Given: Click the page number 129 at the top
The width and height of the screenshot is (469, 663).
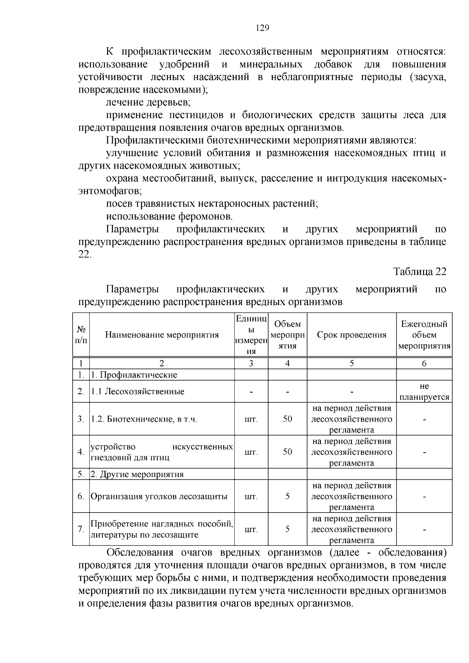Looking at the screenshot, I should (x=262, y=28).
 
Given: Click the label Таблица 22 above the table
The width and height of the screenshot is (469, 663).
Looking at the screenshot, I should (x=419, y=272).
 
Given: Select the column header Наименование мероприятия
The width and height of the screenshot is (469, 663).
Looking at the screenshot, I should (x=162, y=335).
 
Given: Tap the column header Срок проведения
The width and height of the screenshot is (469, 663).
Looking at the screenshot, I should (x=351, y=335).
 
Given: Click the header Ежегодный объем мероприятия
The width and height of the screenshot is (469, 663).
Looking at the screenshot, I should (x=424, y=335).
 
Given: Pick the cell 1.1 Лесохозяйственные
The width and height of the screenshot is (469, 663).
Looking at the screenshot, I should (x=138, y=391).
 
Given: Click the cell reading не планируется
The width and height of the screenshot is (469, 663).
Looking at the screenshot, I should (x=424, y=391).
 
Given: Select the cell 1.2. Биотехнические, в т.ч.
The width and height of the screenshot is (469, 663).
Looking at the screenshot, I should (x=144, y=419).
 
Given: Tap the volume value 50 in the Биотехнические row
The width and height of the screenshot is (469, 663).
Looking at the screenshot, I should (x=287, y=419).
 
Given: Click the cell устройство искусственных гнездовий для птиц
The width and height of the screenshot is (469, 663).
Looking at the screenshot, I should (x=162, y=452).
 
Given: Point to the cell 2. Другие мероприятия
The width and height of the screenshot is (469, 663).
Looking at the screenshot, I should (x=137, y=474).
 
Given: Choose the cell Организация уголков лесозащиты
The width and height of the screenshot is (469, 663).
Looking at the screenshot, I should (x=159, y=497).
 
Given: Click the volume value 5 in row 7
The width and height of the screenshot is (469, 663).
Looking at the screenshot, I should (x=287, y=529).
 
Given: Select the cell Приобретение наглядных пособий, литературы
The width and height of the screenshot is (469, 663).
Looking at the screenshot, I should (x=162, y=529).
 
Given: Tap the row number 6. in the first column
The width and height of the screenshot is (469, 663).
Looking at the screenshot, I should (x=81, y=497).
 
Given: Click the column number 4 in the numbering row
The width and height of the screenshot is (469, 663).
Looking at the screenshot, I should (x=287, y=363).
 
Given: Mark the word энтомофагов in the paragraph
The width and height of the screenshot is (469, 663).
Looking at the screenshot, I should (x=109, y=191).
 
